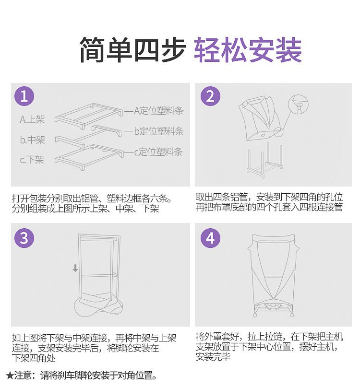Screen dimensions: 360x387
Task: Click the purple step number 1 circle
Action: pos(24,96)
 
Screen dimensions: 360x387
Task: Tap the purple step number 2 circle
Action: pos(210,96)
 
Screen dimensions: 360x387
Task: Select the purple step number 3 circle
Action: pos(24,238)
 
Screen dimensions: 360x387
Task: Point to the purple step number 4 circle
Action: pos(210,238)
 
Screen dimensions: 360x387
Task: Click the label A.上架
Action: pos(32,119)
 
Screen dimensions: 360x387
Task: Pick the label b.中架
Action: pos(32,140)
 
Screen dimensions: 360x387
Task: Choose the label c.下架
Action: pos(32,160)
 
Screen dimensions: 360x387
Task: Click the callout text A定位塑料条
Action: pos(158,111)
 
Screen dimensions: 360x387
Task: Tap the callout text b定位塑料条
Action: pos(158,131)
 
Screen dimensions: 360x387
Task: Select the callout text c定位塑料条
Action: pos(158,152)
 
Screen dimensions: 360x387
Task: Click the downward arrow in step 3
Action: pos(75,268)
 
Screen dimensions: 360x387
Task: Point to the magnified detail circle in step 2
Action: pos(299,104)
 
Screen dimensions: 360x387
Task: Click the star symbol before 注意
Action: pos(10,375)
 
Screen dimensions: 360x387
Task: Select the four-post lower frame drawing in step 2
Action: pos(264,160)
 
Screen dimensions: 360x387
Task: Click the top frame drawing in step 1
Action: pos(89,116)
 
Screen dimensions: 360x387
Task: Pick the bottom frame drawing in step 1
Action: pos(89,157)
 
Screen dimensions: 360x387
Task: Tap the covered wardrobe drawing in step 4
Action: pos(273,275)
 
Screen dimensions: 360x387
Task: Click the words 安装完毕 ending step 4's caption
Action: pos(213,357)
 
